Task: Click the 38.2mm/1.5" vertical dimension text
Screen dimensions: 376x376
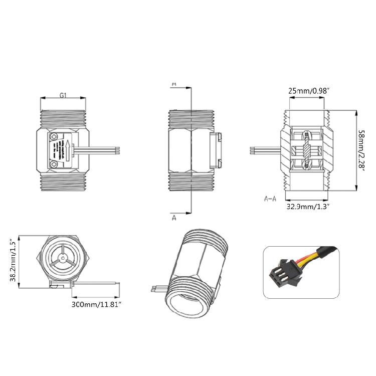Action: tap(13, 261)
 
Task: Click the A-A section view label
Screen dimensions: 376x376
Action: tap(270, 199)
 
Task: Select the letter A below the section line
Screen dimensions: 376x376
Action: tap(174, 219)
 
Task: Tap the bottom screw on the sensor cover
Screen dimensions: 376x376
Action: tap(54, 163)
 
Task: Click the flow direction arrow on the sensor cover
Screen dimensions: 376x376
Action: tap(65, 149)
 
